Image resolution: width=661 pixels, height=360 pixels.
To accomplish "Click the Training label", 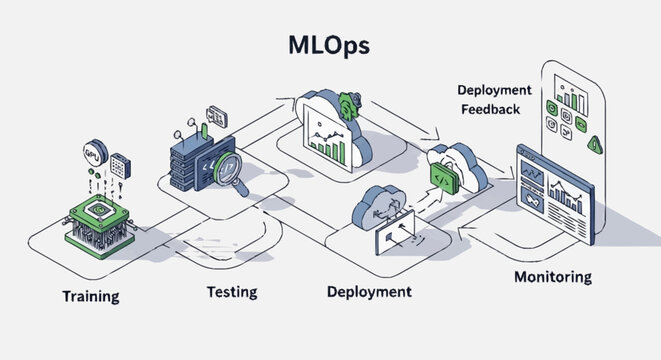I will coord(91,297).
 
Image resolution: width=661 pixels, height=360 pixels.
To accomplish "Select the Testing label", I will coord(231,292).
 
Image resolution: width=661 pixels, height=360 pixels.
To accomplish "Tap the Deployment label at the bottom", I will coord(369,292).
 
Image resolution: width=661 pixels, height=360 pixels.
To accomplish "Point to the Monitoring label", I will coord(552,276).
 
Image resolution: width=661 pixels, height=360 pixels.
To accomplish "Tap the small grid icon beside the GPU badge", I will coord(121,165).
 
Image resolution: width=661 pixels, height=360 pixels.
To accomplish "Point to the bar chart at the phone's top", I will coord(571,98).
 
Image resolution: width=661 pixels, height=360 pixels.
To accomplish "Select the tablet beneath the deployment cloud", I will coord(401,236).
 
